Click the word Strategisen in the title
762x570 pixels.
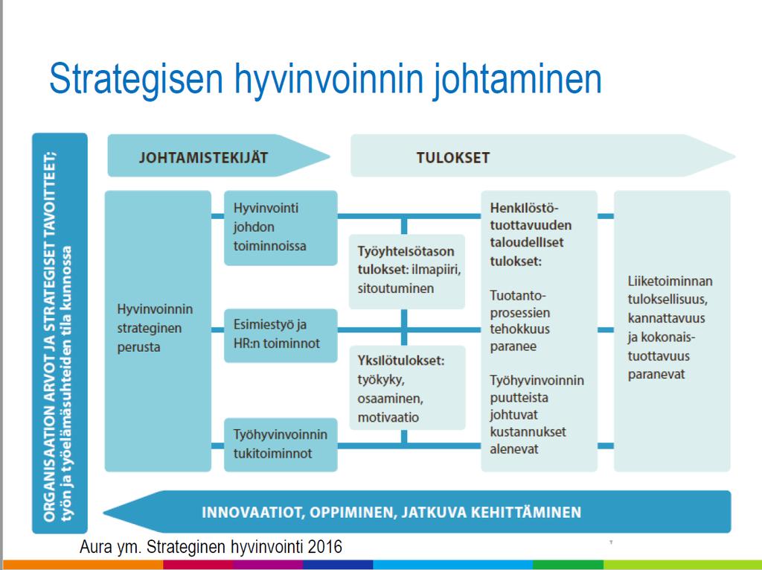pyautogui.click(x=136, y=79)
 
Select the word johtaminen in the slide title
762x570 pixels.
pyautogui.click(x=517, y=79)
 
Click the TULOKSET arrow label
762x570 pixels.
pyautogui.click(x=453, y=158)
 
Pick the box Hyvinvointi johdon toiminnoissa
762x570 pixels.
pyautogui.click(x=281, y=228)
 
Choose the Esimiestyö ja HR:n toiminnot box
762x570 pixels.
pyautogui.click(x=281, y=335)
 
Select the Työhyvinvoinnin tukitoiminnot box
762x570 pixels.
pyautogui.click(x=281, y=444)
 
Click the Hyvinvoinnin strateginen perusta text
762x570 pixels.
pyautogui.click(x=155, y=328)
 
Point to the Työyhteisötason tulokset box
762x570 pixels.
pyautogui.click(x=407, y=272)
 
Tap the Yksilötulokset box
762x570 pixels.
pyautogui.click(x=407, y=387)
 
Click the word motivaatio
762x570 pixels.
pyautogui.click(x=388, y=418)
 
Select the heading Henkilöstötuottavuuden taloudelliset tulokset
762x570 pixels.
pyautogui.click(x=531, y=235)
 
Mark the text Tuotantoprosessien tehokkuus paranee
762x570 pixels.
pyautogui.click(x=520, y=321)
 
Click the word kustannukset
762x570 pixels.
pyautogui.click(x=528, y=432)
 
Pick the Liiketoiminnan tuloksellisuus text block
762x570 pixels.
pyautogui.click(x=670, y=328)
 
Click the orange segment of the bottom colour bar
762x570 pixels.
pyautogui.click(x=83, y=565)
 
